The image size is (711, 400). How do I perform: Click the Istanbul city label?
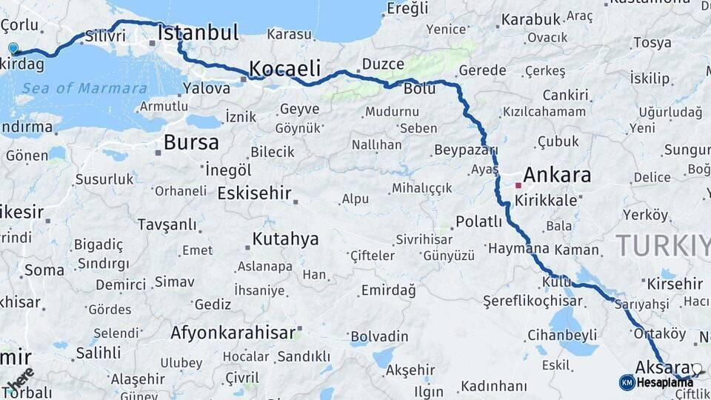[x=198, y=33]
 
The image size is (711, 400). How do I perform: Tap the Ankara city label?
[x=557, y=175]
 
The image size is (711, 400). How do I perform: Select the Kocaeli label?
[x=284, y=69]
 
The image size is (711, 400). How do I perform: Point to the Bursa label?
[x=191, y=142]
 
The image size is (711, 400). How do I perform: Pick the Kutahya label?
[x=285, y=239]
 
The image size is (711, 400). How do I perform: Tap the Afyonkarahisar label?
[x=233, y=333]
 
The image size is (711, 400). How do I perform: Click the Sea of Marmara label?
[x=84, y=89]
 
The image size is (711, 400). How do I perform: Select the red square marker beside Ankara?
[x=518, y=185]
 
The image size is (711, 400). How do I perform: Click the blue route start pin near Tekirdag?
[x=13, y=49]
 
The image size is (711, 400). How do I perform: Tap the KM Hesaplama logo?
[x=657, y=382]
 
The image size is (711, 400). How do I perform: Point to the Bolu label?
[x=420, y=89]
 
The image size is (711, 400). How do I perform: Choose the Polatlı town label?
[x=478, y=221]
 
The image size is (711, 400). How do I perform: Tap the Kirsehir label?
[x=674, y=284]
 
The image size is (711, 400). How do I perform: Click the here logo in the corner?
[x=20, y=379]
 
